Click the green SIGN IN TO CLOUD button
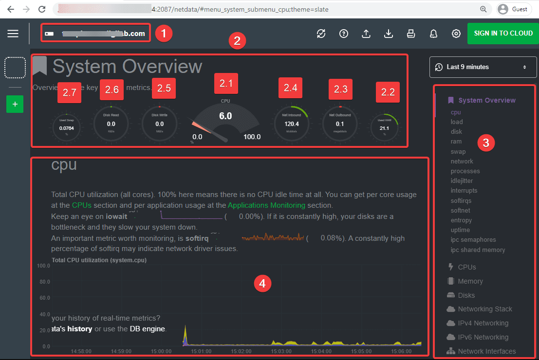pos(503,34)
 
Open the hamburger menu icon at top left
pos(13,34)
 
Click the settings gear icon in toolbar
pos(456,34)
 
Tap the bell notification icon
pos(433,34)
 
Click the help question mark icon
pos(344,34)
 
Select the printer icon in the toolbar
pos(410,34)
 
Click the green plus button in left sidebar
pos(15,104)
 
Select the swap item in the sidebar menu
pos(458,151)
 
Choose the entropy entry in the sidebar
pos(461,220)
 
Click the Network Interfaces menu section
pos(486,351)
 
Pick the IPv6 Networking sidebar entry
pos(483,337)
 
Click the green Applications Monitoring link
pos(266,205)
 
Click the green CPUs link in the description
pos(81,205)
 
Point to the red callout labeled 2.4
pos(290,89)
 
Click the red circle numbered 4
pos(262,283)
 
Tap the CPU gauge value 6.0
pos(225,116)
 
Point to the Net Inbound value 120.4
pos(292,124)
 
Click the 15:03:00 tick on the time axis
pos(281,351)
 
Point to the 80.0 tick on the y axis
pos(44,282)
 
